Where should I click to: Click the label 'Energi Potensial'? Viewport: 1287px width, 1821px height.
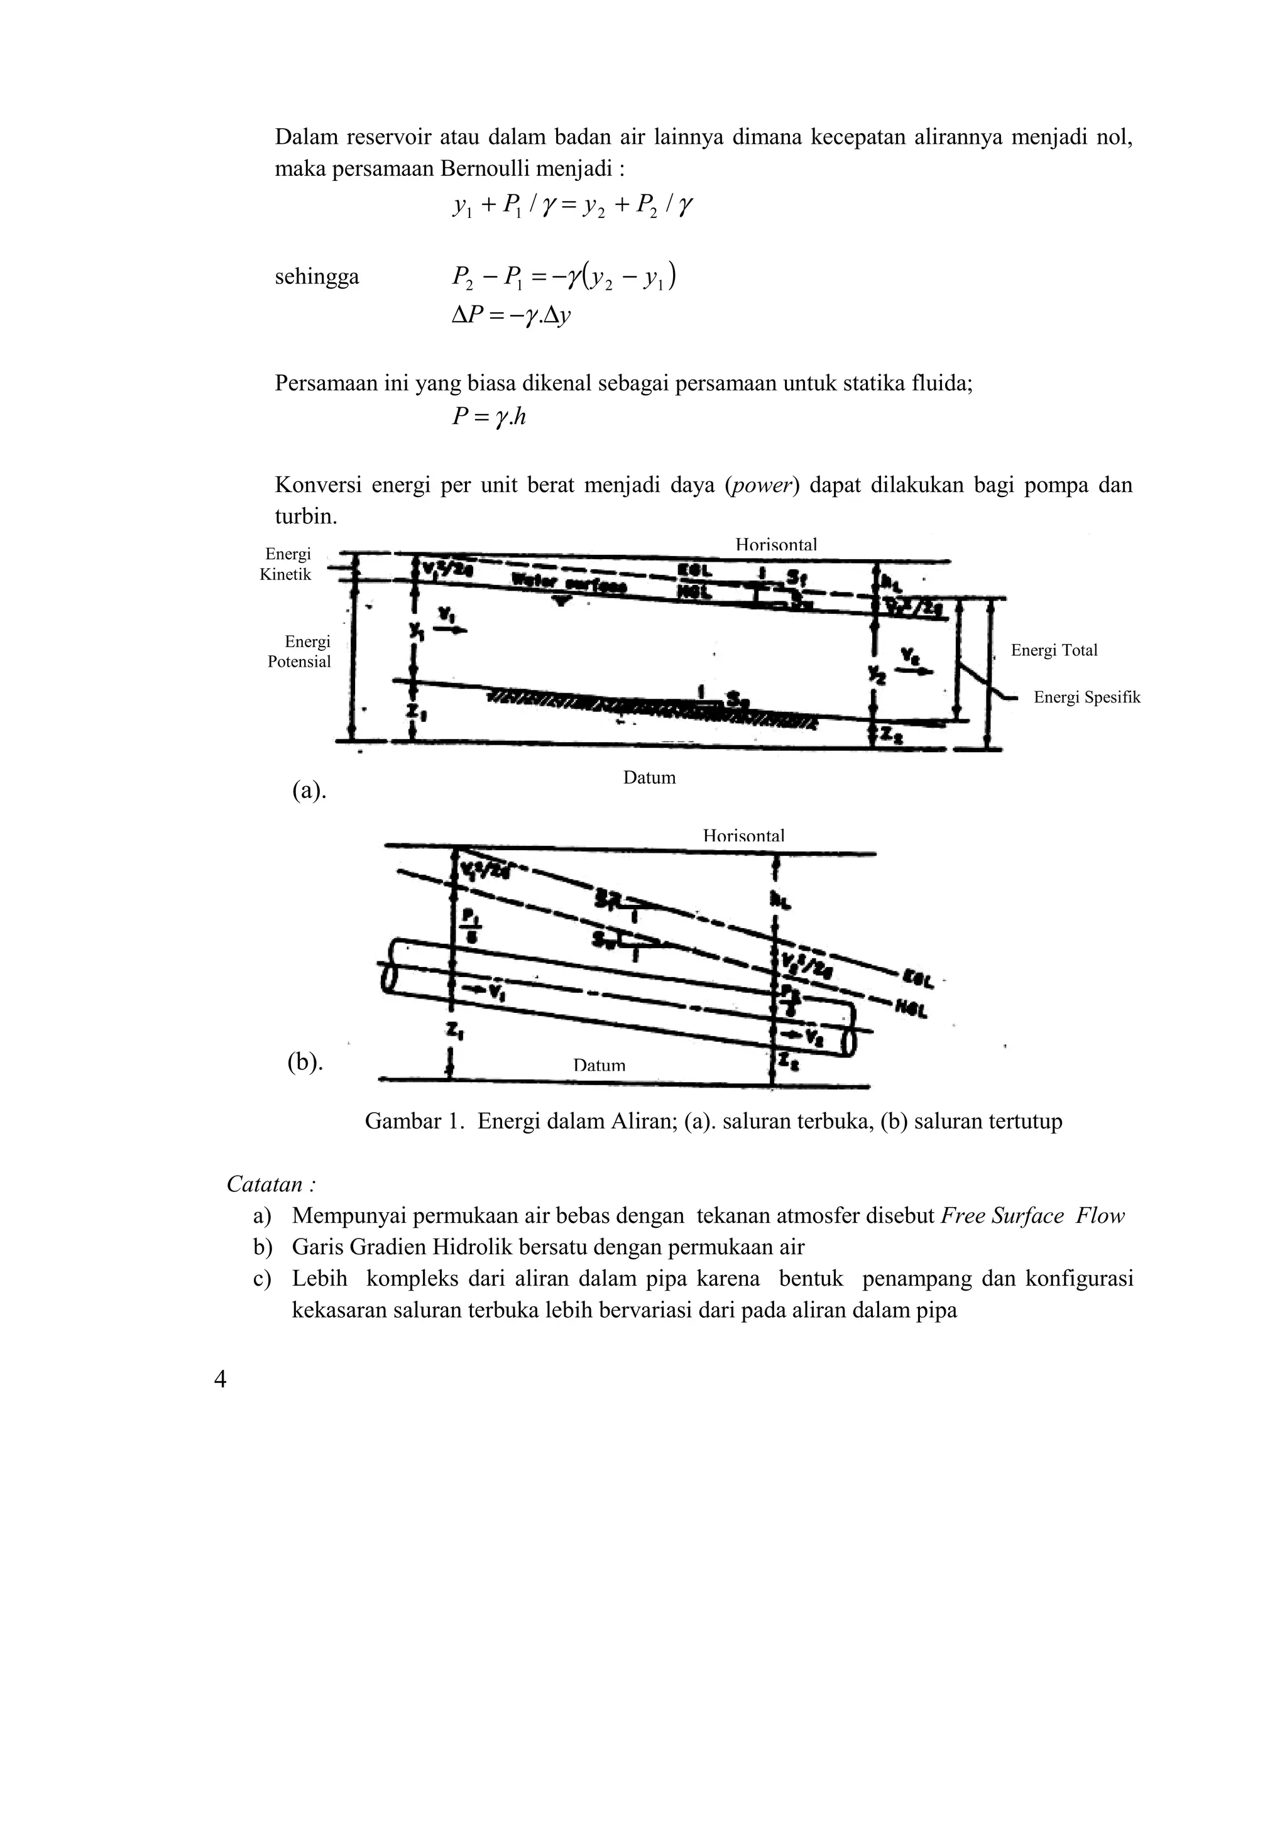coord(299,651)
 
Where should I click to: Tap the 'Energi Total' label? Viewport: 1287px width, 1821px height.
coord(1054,650)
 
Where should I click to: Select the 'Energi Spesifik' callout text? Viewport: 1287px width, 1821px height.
coord(1087,697)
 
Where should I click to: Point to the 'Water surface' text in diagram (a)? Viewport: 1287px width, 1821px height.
coord(569,584)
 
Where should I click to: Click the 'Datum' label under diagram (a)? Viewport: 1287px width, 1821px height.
coord(649,777)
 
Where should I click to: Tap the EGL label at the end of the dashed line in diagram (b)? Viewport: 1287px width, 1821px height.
coord(917,980)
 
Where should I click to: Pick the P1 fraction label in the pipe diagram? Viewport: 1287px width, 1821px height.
coord(469,923)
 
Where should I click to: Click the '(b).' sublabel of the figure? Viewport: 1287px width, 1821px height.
coord(305,1061)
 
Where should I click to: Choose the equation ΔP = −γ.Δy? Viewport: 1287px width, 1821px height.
coord(512,315)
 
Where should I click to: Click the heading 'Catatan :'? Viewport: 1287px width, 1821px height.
coord(271,1184)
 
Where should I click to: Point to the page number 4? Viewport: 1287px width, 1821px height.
coord(221,1379)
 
